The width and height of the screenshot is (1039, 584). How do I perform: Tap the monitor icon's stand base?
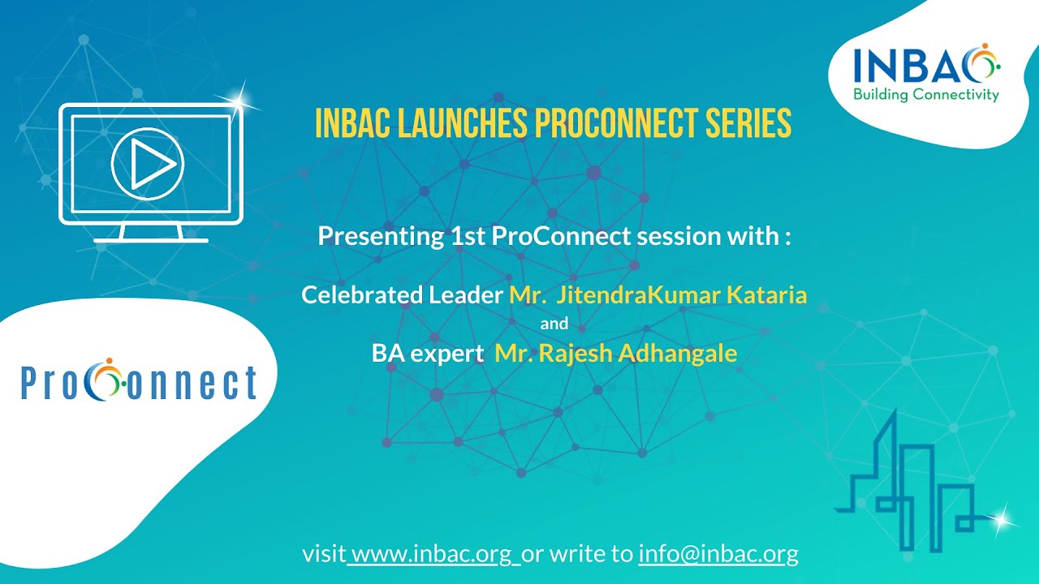click(151, 240)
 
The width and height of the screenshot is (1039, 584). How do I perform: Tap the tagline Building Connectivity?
click(925, 96)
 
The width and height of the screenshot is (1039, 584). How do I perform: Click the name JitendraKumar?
click(639, 294)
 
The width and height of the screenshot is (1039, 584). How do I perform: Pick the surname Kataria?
click(766, 294)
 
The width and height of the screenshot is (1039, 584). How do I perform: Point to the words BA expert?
click(422, 354)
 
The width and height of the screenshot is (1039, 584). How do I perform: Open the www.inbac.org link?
click(433, 554)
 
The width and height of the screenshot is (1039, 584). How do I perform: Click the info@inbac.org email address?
click(718, 554)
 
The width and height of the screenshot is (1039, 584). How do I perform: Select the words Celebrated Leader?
click(402, 294)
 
